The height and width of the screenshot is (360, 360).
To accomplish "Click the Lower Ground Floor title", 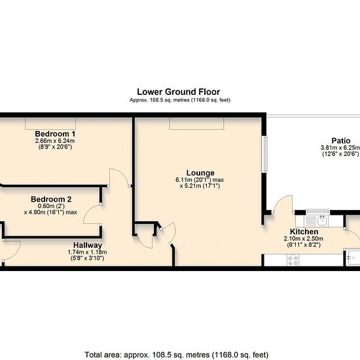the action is [179, 92].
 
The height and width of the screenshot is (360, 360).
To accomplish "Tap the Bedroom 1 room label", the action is [55, 134].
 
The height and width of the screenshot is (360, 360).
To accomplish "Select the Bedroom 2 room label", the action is [51, 199].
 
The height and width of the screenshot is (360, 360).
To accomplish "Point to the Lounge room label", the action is [200, 173].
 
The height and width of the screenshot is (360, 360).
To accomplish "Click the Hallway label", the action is [88, 245].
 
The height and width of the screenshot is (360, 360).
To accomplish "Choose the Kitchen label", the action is [304, 232].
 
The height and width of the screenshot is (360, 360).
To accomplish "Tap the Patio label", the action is [341, 141].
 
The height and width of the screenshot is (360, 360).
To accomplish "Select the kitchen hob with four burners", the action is [293, 260].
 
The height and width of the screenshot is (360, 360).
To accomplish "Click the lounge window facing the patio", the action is [264, 154].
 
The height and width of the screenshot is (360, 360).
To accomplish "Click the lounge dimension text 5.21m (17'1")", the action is [200, 186].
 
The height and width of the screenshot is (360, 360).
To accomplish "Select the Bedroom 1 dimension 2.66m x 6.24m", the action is [55, 141].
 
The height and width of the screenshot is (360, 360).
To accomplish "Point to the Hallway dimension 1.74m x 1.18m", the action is [87, 252].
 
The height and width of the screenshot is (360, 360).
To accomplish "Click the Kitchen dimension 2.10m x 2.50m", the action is [303, 238].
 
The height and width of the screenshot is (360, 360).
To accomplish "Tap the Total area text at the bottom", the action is [177, 355].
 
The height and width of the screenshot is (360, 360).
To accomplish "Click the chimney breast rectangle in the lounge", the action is [196, 124].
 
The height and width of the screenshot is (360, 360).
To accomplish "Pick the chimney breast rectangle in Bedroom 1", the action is [50, 124].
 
